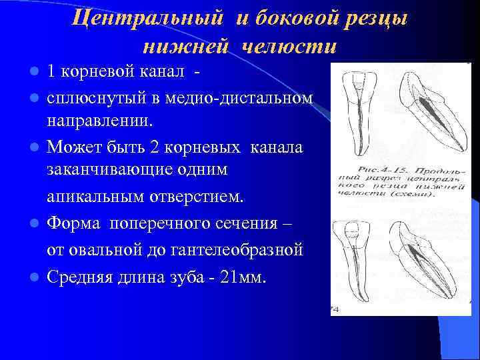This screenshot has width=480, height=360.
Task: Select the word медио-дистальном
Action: [238, 98]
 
